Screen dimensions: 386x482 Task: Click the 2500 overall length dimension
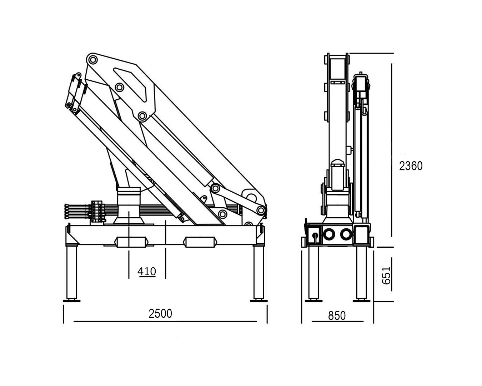click(x=160, y=313)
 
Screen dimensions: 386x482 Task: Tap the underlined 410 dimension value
click(x=147, y=272)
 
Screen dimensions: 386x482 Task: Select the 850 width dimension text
click(x=337, y=316)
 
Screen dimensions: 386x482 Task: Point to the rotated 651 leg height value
click(x=386, y=276)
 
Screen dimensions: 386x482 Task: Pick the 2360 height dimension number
click(x=411, y=166)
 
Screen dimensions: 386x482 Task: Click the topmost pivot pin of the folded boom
click(x=92, y=59)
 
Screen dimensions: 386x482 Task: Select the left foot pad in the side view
click(x=71, y=300)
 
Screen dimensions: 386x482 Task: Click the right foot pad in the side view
click(x=258, y=300)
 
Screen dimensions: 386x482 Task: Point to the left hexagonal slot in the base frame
click(x=130, y=242)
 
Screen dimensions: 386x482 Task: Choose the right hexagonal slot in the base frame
click(x=200, y=242)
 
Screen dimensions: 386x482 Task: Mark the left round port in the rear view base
click(x=328, y=234)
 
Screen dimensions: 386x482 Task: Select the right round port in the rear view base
click(x=346, y=234)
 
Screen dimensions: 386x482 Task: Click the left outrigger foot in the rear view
click(x=313, y=300)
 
